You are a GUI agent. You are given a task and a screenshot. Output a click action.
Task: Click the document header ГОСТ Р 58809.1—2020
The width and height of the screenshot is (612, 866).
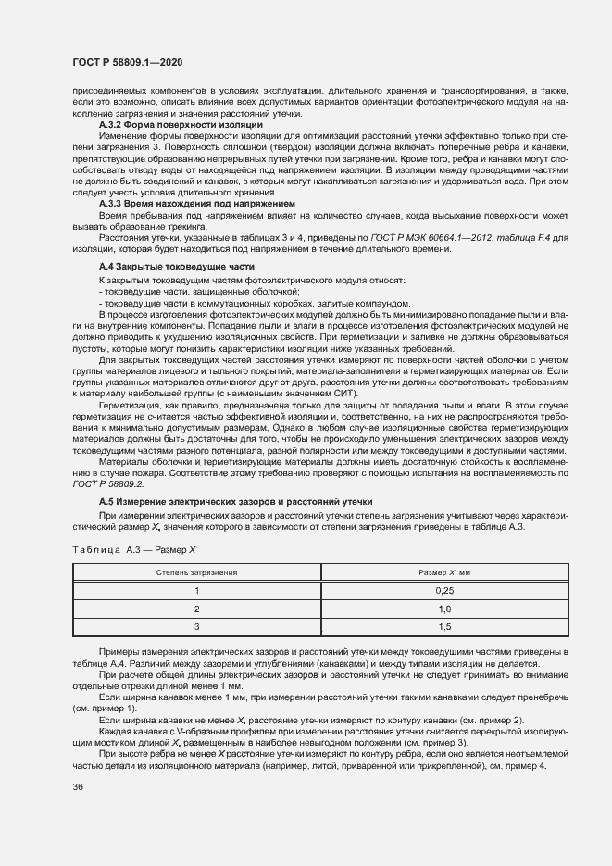tap(127, 62)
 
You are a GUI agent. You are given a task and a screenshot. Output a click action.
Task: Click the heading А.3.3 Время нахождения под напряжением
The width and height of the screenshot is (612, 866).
tap(196, 202)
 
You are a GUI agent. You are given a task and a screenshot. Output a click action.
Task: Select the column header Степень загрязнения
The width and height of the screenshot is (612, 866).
tap(196, 573)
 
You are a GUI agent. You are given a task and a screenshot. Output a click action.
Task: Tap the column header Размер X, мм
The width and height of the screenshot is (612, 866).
tap(443, 573)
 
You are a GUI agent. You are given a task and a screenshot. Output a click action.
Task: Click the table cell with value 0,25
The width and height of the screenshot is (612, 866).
tap(443, 591)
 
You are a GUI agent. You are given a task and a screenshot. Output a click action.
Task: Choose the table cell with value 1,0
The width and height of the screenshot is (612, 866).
tap(443, 609)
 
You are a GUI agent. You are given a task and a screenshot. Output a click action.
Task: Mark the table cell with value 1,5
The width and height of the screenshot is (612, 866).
tap(443, 627)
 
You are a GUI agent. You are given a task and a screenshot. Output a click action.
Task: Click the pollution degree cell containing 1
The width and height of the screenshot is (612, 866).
tap(196, 591)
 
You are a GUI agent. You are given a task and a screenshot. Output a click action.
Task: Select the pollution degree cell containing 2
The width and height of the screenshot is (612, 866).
tap(196, 609)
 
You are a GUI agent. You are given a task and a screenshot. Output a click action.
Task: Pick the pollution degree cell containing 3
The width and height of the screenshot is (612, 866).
tap(196, 627)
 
